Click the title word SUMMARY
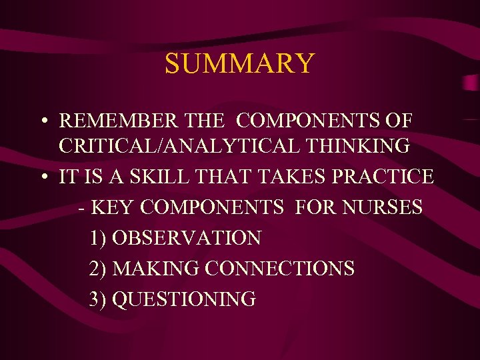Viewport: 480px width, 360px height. tap(239, 63)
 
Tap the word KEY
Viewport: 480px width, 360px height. tap(111, 207)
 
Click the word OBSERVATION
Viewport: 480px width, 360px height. tap(187, 237)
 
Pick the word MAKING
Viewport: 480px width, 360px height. tap(156, 268)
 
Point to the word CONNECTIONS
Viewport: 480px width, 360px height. tap(280, 268)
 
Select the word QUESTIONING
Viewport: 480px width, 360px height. tap(184, 299)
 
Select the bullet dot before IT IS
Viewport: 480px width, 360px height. tap(42, 178)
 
